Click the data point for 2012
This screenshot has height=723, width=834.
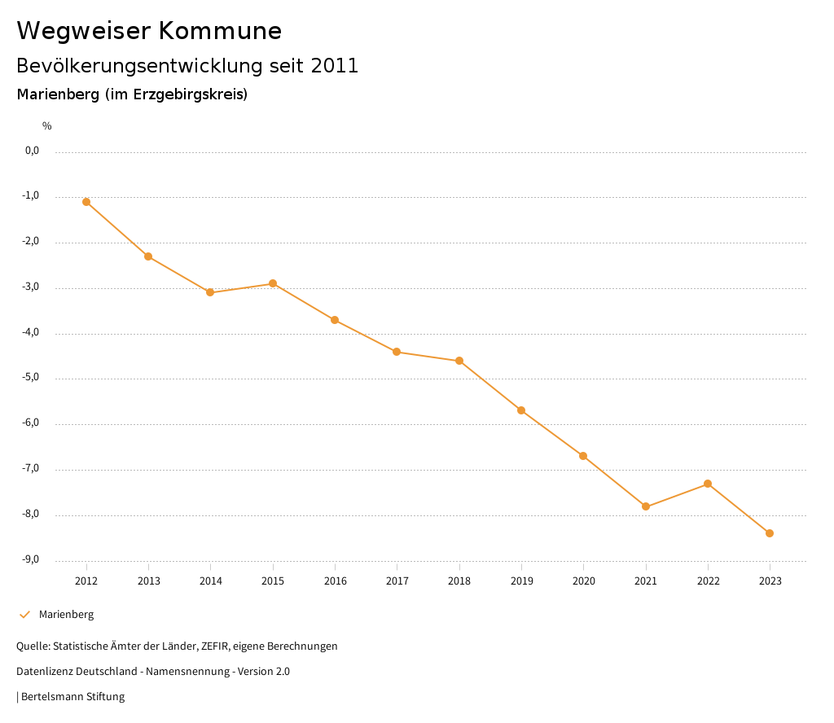[x=86, y=202]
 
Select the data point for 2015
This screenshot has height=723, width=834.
[x=273, y=283]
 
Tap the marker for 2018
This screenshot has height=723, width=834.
[x=459, y=361]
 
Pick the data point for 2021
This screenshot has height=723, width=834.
[x=646, y=506]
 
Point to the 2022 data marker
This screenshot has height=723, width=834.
[x=708, y=484]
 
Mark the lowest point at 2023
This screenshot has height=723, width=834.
[x=770, y=533]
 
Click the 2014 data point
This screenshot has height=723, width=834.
[x=210, y=292]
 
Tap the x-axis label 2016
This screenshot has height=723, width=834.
[x=335, y=581]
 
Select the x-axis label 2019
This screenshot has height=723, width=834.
[x=521, y=581]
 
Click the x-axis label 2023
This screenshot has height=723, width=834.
[x=770, y=581]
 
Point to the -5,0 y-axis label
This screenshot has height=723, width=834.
[x=32, y=378]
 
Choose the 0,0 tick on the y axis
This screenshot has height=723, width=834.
[x=33, y=151]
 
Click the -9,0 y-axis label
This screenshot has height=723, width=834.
[x=32, y=559]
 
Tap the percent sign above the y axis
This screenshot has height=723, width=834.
[x=47, y=126]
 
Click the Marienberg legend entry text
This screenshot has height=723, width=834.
[x=66, y=615]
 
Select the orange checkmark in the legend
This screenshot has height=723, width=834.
[x=24, y=615]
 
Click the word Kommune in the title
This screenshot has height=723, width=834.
[x=220, y=31]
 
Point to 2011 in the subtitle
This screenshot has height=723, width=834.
[x=335, y=66]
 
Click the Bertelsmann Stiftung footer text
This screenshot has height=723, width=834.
[x=72, y=697]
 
